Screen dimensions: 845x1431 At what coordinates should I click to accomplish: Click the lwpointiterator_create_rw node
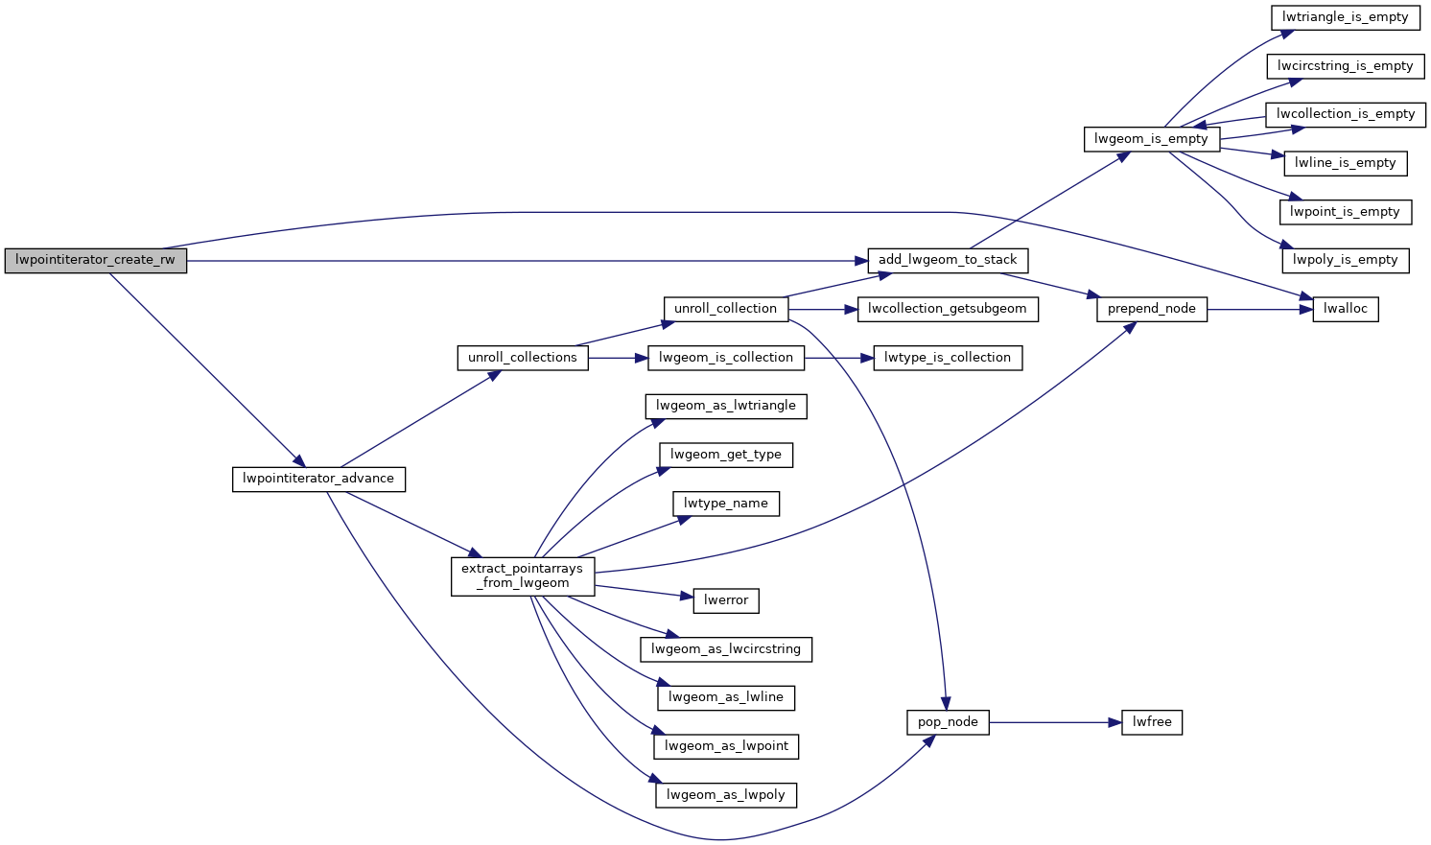[96, 260]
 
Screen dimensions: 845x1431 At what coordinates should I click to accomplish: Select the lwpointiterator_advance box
[318, 479]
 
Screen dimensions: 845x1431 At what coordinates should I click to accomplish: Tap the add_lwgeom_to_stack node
[948, 260]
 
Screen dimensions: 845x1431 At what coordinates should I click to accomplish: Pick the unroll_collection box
[725, 309]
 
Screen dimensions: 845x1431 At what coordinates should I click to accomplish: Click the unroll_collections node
[522, 358]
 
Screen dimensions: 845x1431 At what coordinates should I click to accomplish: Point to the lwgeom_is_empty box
[1151, 139]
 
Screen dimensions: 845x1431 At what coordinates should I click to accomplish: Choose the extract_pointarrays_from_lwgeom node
[522, 575]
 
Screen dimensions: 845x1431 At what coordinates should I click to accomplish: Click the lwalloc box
[1345, 309]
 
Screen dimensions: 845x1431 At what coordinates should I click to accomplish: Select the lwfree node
[1152, 722]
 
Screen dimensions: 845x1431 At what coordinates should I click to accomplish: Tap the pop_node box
[948, 722]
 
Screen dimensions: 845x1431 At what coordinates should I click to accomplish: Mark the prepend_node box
[1151, 309]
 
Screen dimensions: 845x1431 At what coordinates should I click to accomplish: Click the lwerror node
[726, 600]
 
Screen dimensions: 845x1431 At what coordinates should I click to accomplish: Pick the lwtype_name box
[726, 504]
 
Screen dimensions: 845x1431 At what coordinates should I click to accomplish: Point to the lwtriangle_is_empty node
[1345, 17]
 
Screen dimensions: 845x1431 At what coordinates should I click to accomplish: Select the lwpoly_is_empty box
[1345, 260]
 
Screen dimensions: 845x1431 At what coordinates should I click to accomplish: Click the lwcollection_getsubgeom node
[947, 309]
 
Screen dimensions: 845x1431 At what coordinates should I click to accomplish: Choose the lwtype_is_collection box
[947, 358]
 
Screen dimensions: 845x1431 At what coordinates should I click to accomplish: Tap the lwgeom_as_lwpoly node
[726, 795]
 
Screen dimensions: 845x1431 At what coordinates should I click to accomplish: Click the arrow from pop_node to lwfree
[1055, 722]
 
